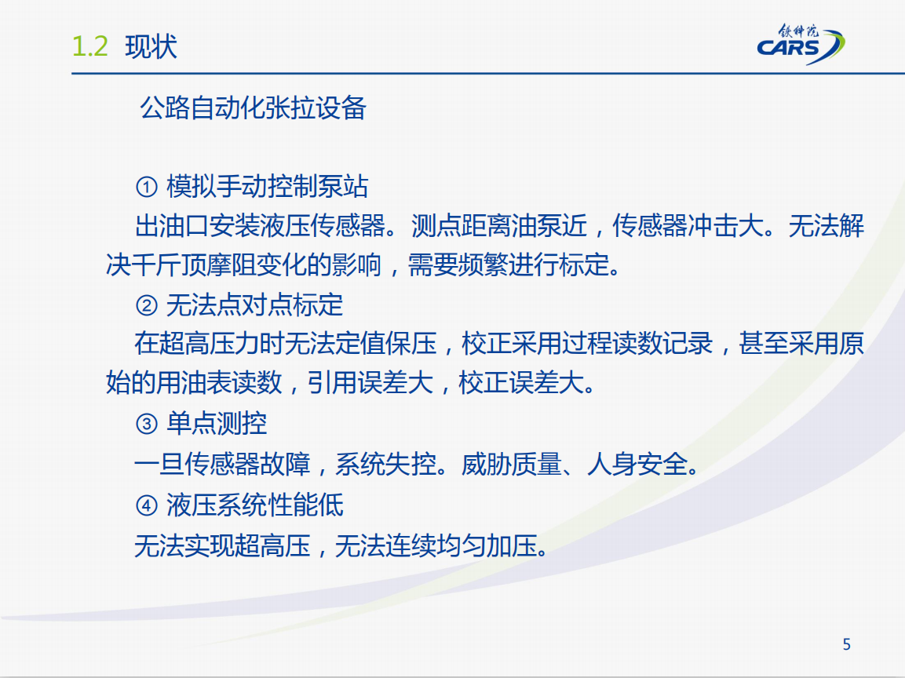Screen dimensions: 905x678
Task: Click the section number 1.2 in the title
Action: (x=90, y=46)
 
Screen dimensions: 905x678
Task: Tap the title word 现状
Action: (x=151, y=46)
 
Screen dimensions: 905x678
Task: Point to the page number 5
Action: (x=846, y=644)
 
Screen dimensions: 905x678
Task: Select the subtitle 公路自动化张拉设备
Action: (x=253, y=108)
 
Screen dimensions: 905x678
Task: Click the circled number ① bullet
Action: (x=147, y=187)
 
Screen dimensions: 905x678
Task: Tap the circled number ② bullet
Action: (x=147, y=305)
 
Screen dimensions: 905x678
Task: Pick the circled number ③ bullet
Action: (x=147, y=424)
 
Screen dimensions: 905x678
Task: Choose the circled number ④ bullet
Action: (x=147, y=505)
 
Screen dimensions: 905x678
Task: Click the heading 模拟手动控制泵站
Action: (x=267, y=187)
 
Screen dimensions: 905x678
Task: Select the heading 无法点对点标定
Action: (x=254, y=304)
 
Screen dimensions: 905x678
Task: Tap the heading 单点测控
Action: (x=217, y=424)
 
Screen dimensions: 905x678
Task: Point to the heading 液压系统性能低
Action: (x=254, y=505)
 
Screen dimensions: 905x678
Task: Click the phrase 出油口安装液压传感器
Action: (x=261, y=226)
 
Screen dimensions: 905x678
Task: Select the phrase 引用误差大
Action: (x=370, y=383)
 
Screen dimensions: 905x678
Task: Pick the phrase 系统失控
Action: (x=385, y=464)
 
